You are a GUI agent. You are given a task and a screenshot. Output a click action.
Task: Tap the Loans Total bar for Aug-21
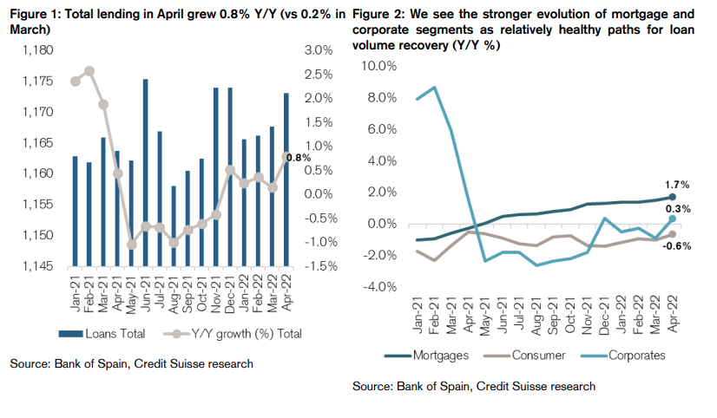(x=174, y=225)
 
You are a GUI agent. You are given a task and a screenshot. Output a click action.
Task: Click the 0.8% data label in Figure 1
(x=298, y=157)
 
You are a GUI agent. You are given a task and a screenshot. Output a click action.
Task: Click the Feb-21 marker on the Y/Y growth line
(x=89, y=71)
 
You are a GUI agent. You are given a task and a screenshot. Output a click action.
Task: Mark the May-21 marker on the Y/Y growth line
(x=132, y=245)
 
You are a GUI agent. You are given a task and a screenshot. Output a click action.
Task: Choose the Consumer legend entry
(x=530, y=355)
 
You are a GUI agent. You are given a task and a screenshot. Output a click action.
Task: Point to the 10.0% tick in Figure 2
(x=379, y=66)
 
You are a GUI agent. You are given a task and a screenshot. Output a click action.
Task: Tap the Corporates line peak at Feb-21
(x=434, y=87)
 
